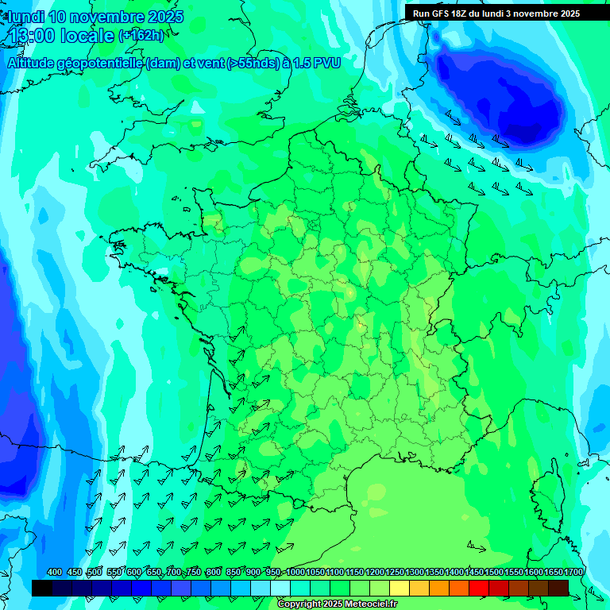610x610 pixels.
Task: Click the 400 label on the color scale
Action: click(55, 573)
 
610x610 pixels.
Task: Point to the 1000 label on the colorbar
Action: click(295, 573)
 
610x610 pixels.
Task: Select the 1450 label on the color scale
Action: click(475, 573)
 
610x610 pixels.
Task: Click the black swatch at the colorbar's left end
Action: click(42, 588)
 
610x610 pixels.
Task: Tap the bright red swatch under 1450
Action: click(479, 588)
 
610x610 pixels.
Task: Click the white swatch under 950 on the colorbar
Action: click(280, 588)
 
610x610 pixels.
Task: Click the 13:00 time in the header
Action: click(31, 36)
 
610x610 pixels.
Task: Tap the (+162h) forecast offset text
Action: click(141, 36)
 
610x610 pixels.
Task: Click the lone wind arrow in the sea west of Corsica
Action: click(477, 547)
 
